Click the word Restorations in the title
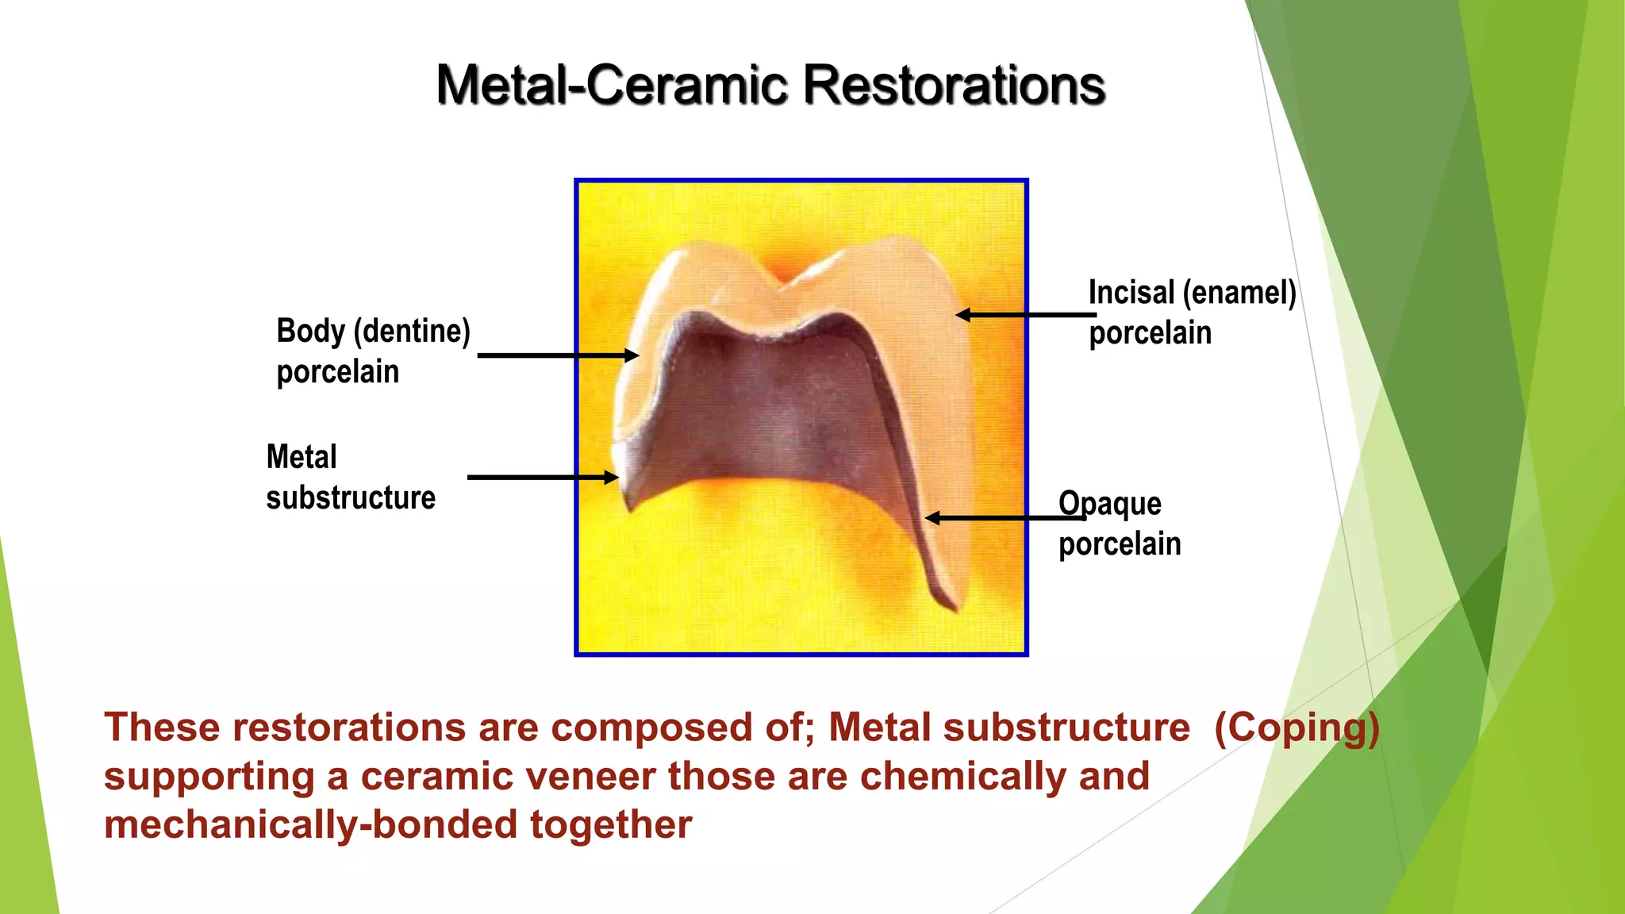(x=954, y=85)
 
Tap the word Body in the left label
(x=309, y=331)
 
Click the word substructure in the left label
(x=351, y=498)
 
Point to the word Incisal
(x=1131, y=293)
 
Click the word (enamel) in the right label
(x=1239, y=293)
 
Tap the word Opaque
(x=1110, y=505)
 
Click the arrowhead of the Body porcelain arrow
(x=632, y=355)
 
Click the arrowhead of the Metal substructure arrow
(x=612, y=477)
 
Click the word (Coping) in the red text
(x=1297, y=728)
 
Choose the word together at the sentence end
(x=611, y=824)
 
